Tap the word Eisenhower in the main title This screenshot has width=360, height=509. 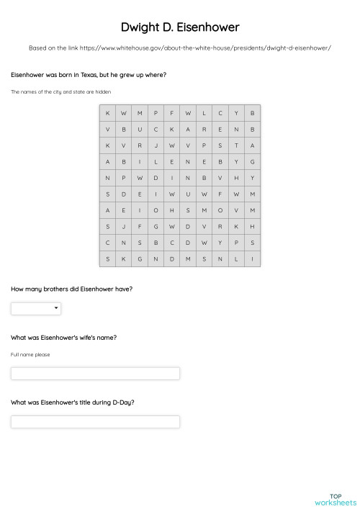click(209, 27)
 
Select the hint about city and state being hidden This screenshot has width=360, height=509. click(60, 91)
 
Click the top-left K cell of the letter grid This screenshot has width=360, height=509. click(108, 113)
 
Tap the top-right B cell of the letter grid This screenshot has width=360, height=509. click(253, 113)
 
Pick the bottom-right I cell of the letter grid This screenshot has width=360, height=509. click(253, 258)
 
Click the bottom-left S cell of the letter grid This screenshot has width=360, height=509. click(108, 258)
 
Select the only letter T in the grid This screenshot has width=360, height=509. click(236, 145)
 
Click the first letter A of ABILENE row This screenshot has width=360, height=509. click(108, 161)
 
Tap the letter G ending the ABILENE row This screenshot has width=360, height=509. click(253, 161)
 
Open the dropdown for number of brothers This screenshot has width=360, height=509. click(36, 309)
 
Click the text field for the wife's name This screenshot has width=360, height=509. click(95, 374)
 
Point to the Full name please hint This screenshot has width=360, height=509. click(30, 354)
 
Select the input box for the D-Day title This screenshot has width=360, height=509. click(95, 422)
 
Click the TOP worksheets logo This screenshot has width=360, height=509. click(336, 499)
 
